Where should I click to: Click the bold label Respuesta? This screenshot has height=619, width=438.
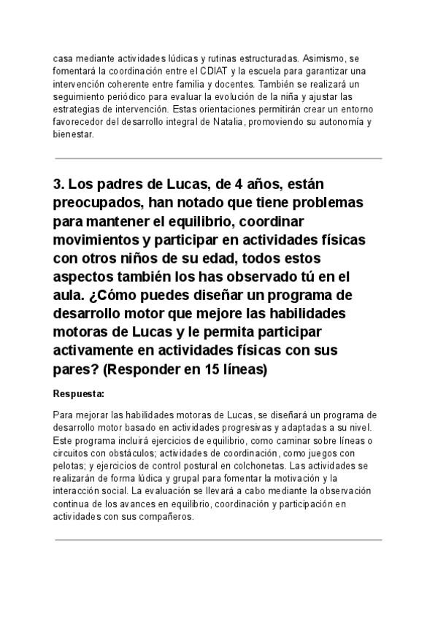(x=79, y=394)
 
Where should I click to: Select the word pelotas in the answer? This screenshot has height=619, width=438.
(x=71, y=466)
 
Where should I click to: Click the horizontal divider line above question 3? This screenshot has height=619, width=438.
(x=218, y=158)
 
